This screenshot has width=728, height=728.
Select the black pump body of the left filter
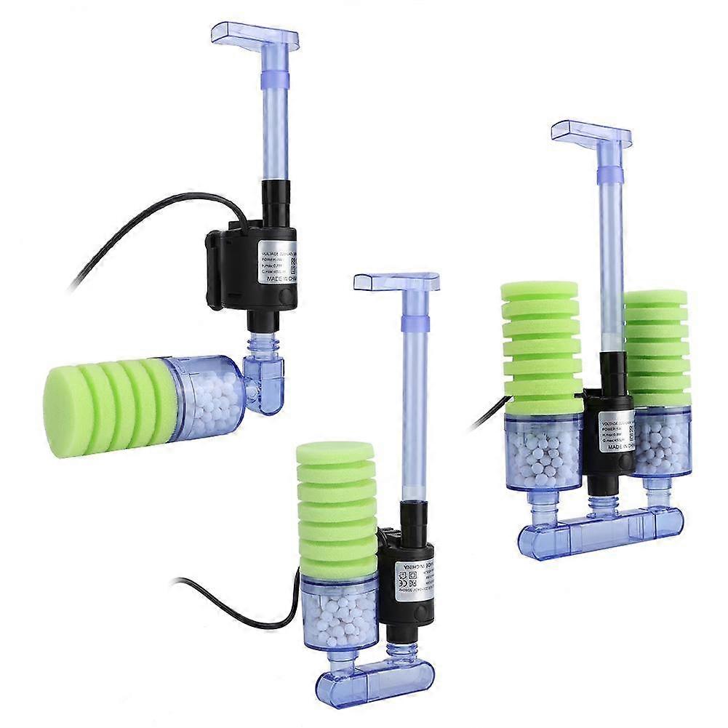tap(251, 265)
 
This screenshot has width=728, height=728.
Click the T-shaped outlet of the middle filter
tap(396, 280)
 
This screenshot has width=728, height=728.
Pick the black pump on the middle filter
tap(407, 575)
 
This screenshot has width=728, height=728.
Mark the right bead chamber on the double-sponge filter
tap(660, 444)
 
